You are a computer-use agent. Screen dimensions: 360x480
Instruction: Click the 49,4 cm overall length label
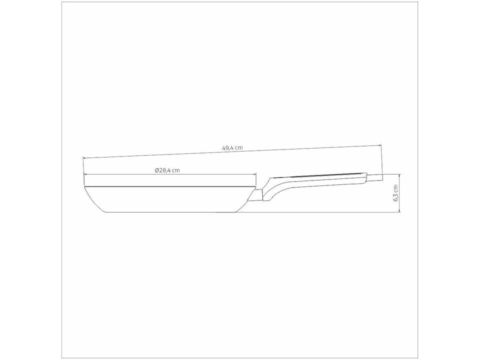coord(232,147)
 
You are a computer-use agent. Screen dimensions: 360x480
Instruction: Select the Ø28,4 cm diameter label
coord(167,170)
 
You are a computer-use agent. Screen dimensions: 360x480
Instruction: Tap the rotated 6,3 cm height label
coord(395,193)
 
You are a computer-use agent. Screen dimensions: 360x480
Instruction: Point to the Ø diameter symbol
coord(157,170)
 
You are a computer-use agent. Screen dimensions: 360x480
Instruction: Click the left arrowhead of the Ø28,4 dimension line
coord(85,174)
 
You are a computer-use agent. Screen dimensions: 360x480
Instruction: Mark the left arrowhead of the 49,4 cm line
coord(85,158)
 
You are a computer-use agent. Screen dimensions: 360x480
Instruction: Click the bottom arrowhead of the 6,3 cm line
coord(399,210)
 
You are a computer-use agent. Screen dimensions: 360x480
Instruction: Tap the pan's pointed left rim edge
coord(85,188)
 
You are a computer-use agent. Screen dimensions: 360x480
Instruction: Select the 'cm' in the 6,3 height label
coord(395,188)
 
